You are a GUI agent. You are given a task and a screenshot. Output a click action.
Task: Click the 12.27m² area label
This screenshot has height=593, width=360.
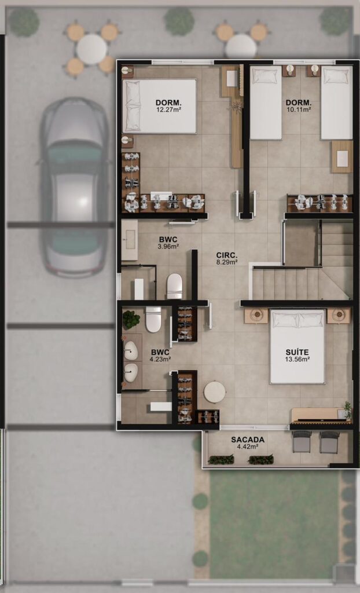(168, 109)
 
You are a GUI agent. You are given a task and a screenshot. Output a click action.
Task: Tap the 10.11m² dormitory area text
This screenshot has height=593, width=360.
(299, 109)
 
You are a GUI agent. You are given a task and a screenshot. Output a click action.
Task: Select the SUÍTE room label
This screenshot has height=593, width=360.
(297, 352)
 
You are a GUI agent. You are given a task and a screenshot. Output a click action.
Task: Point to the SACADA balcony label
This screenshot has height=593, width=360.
(248, 440)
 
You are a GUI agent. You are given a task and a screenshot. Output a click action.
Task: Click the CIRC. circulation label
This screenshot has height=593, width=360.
(227, 255)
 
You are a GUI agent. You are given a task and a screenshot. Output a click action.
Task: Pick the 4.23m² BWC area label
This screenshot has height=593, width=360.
(160, 359)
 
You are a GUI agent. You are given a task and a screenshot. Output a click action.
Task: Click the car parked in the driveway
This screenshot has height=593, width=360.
(75, 187)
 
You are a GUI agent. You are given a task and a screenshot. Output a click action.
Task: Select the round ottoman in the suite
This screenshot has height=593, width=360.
(214, 392)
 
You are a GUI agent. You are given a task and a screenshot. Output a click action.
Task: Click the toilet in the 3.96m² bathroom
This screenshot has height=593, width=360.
(175, 285)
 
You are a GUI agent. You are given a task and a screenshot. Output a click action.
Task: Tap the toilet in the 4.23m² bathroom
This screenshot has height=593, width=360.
(153, 320)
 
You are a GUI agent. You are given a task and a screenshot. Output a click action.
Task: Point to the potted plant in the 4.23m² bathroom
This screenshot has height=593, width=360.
(131, 320)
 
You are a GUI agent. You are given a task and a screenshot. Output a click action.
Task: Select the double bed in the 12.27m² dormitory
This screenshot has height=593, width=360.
(159, 107)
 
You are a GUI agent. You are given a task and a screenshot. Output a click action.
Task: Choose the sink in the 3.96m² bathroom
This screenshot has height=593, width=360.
(129, 240)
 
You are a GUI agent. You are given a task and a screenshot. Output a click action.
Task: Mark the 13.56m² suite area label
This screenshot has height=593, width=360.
(297, 359)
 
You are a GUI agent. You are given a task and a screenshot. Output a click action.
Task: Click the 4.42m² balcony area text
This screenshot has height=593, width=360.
(248, 446)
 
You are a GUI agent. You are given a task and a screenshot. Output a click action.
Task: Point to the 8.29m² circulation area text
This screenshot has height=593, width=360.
(227, 261)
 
